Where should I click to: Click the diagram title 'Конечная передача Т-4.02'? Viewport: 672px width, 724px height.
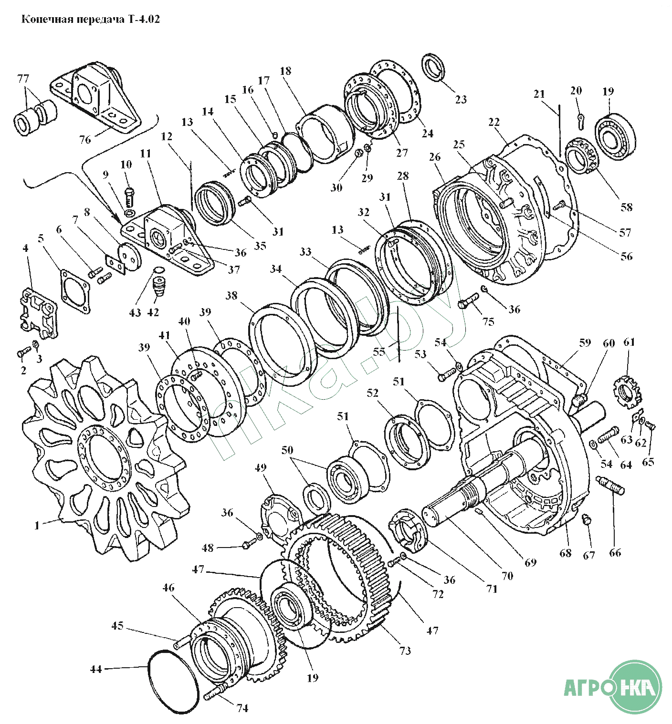(91, 20)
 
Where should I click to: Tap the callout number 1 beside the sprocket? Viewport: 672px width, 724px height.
(36, 525)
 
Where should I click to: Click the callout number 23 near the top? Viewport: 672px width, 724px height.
(461, 99)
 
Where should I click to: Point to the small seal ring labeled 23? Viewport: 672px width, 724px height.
(434, 67)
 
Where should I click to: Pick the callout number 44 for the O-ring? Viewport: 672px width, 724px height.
(96, 669)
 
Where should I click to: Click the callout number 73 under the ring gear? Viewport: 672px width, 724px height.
(405, 651)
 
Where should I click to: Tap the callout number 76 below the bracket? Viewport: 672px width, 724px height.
(85, 140)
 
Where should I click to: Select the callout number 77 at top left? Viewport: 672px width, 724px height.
(23, 78)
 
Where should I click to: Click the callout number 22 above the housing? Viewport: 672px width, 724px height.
(494, 122)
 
